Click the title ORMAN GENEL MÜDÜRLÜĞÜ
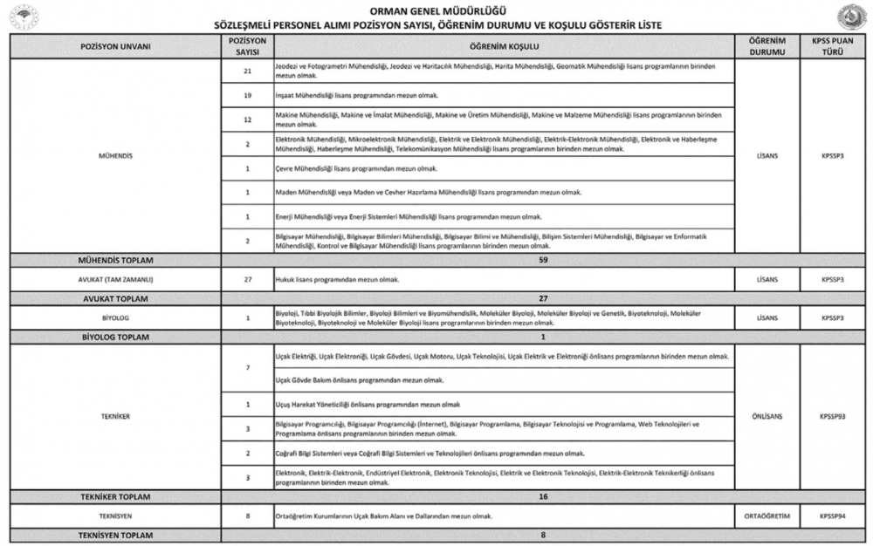click(x=437, y=10)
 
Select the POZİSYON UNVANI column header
click(x=116, y=45)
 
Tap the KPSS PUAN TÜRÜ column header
click(x=833, y=45)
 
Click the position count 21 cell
click(x=247, y=71)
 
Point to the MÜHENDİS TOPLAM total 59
click(x=542, y=259)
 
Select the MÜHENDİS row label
click(x=116, y=156)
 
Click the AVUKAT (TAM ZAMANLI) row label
click(x=116, y=279)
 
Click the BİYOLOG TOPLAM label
click(x=116, y=337)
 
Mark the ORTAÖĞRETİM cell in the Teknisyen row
click(x=767, y=516)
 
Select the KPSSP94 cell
click(x=833, y=516)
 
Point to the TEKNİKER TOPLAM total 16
click(x=542, y=496)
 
